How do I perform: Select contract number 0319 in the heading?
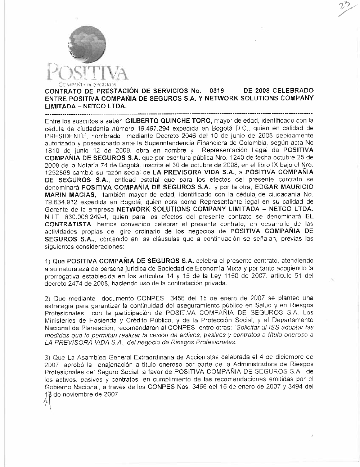pos(217,91)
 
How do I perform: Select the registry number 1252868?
pos(57,172)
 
